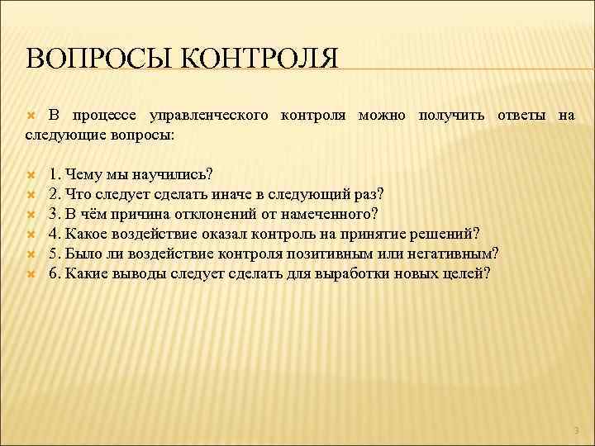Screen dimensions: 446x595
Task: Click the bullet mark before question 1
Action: pyautogui.click(x=31, y=174)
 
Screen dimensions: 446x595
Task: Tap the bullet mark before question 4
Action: pyautogui.click(x=31, y=234)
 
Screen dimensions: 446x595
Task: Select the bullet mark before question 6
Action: pyautogui.click(x=31, y=273)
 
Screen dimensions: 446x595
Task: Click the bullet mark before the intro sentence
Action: pyautogui.click(x=31, y=116)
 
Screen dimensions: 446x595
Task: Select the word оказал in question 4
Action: pyautogui.click(x=217, y=234)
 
